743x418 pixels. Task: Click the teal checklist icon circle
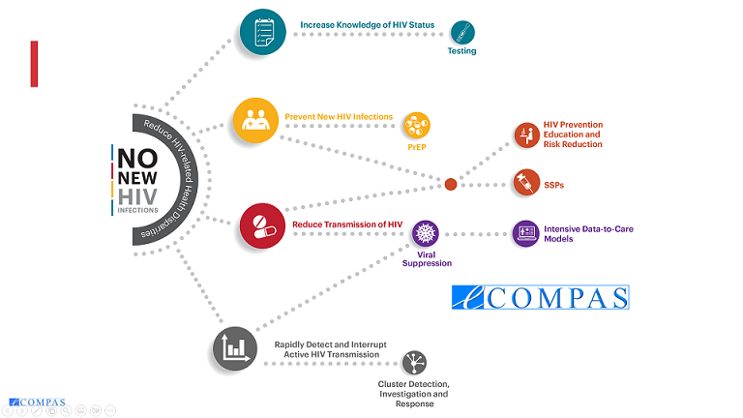263,32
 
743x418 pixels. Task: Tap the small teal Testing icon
462,33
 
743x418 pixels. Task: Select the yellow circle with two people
255,120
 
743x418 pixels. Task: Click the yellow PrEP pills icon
417,126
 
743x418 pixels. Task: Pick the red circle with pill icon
262,226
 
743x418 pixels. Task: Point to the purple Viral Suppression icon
426,233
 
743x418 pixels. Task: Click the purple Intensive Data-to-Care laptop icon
526,233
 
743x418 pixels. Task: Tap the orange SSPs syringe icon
526,182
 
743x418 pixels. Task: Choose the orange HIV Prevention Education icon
527,135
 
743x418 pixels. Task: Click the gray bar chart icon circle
235,348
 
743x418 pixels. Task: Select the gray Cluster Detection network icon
414,363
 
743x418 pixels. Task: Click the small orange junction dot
451,185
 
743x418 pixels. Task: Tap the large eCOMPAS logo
541,298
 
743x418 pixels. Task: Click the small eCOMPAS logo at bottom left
37,403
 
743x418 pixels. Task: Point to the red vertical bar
34,64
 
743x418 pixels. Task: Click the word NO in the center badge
137,159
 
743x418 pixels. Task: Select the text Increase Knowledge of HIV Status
368,24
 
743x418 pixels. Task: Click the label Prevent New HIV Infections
339,116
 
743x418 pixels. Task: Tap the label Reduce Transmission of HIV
347,224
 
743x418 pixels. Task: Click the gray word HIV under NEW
137,196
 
